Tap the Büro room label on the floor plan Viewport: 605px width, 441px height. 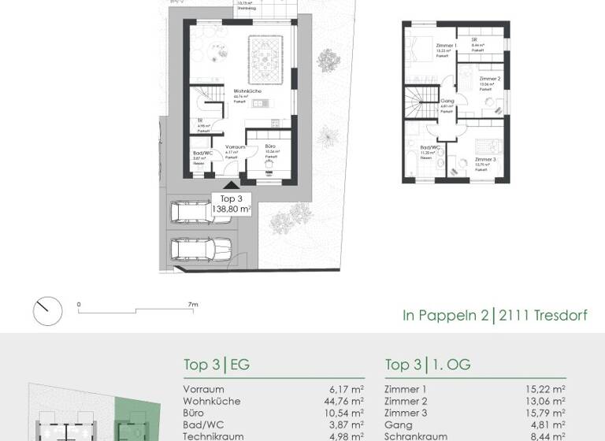[270, 146]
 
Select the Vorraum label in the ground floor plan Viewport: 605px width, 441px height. [236, 146]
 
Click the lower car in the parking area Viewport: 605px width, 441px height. [200, 251]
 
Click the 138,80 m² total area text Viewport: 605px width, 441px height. [232, 209]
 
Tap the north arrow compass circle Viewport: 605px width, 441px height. [47, 310]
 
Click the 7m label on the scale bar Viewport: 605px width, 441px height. [192, 303]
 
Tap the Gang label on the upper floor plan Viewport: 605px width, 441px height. [447, 101]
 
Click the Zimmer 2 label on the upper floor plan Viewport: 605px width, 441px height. [489, 80]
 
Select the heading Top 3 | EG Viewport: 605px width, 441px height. [216, 365]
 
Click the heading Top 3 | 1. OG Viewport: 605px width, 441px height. [427, 365]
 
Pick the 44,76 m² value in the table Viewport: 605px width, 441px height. [346, 401]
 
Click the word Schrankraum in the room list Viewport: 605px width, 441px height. [416, 436]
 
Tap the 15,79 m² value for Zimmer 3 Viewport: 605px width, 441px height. [547, 413]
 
